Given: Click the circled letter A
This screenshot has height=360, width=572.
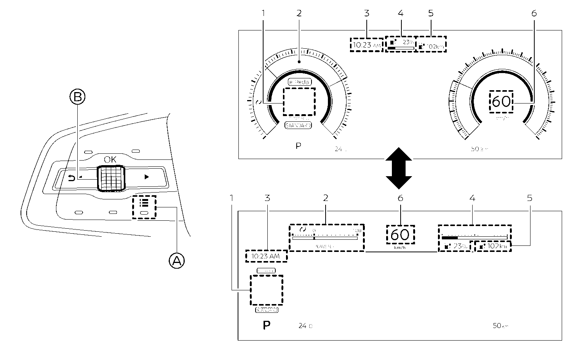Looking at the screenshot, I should tap(176, 261).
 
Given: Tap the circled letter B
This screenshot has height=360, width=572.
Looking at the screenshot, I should tap(77, 97).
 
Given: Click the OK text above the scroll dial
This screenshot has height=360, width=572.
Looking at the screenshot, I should tap(110, 160).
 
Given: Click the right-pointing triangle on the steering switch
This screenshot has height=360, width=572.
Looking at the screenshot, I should tap(146, 177).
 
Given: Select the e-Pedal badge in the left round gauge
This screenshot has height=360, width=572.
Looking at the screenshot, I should tap(299, 82).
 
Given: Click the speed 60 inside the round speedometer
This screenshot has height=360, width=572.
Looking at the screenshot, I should tap(501, 102).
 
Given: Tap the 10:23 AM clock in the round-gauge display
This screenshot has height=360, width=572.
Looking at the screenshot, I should tap(366, 45).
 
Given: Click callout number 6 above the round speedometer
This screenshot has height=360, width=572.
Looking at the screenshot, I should tap(534, 13).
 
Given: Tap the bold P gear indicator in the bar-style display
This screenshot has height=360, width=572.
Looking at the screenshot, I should tap(267, 326).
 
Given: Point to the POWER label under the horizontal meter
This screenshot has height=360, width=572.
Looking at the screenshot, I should tap(325, 247).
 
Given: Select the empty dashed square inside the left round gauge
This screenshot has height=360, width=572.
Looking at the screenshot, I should tap(299, 102).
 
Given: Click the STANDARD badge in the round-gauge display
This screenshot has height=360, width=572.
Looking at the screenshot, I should tap(298, 125).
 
